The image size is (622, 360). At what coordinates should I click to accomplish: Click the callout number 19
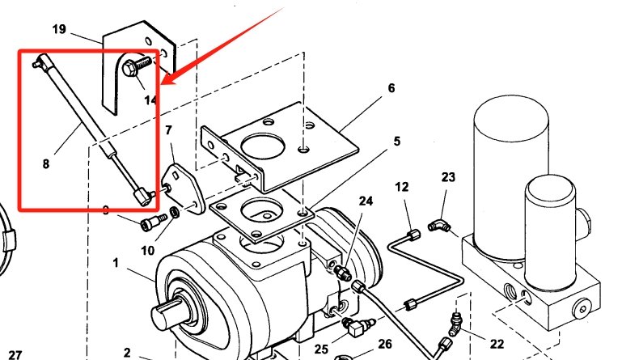[59, 30]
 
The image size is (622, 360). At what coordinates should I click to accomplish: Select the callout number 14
[150, 100]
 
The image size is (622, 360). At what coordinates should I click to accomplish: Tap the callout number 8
[46, 163]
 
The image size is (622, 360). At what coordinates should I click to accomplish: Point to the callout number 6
[391, 88]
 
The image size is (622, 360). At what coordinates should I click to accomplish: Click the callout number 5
[397, 141]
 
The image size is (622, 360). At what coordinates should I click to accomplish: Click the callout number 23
[448, 177]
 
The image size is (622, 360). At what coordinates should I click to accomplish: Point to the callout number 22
[497, 345]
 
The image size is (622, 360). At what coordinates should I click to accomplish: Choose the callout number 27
[15, 354]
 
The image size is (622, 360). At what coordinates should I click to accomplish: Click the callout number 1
[116, 263]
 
